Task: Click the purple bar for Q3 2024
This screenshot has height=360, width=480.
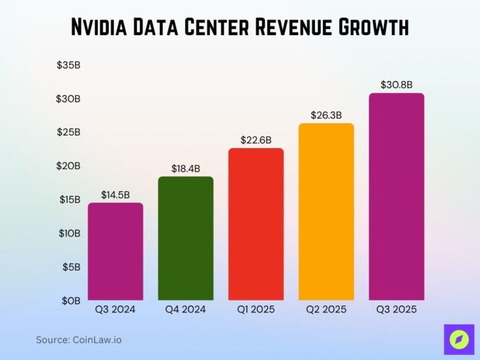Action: [115, 251]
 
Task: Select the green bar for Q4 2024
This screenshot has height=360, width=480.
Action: [186, 238]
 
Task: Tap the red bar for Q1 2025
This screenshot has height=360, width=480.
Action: [256, 224]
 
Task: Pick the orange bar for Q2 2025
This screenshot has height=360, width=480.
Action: [326, 212]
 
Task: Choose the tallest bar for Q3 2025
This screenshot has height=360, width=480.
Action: [396, 197]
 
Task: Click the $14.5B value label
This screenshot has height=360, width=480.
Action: [115, 195]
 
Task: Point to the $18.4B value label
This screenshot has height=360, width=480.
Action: [186, 169]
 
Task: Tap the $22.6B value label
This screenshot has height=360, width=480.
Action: [256, 140]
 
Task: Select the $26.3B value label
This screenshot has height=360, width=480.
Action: [326, 115]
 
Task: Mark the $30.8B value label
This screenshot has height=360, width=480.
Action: [396, 85]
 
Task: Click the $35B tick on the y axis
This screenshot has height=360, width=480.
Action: [69, 65]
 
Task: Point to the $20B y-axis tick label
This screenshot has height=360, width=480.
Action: [69, 166]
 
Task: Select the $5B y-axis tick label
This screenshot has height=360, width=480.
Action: [71, 267]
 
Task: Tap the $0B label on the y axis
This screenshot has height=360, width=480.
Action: [71, 301]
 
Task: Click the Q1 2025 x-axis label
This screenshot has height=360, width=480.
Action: [256, 309]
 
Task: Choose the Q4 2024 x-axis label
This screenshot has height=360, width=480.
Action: [186, 309]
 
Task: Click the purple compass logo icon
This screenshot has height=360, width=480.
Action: [459, 339]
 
